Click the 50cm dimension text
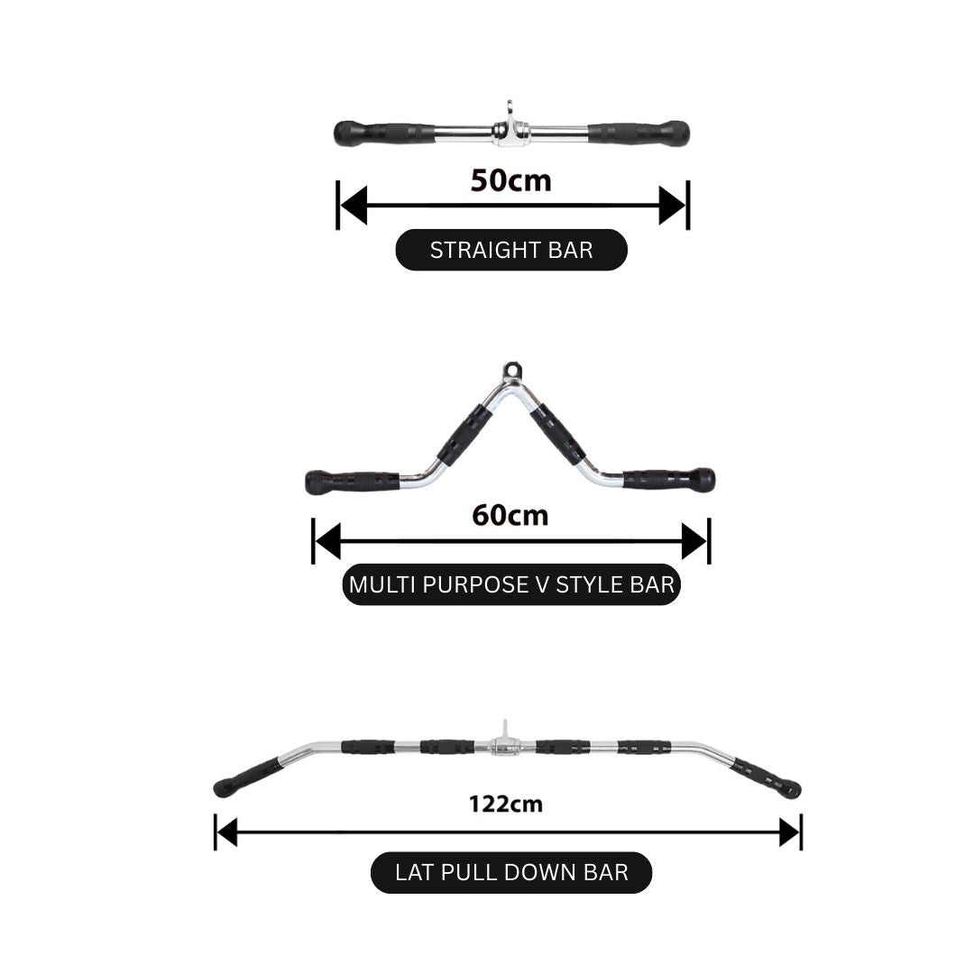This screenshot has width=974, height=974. click(x=510, y=180)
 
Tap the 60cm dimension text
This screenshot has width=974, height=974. click(x=510, y=516)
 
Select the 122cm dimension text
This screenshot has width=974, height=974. click(x=506, y=804)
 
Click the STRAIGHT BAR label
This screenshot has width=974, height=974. click(x=511, y=250)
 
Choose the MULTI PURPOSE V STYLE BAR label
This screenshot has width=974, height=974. click(x=511, y=584)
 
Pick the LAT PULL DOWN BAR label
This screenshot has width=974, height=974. click(x=511, y=872)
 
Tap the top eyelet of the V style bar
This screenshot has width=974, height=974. click(x=511, y=371)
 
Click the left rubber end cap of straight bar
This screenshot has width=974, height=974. click(x=346, y=133)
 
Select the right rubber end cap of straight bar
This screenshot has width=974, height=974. click(x=677, y=133)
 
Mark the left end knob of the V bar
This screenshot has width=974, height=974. click(x=317, y=482)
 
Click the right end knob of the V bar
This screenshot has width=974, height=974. click(x=702, y=480)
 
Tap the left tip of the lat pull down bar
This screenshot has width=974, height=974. click(x=222, y=789)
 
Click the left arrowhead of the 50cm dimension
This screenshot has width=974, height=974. click(x=353, y=205)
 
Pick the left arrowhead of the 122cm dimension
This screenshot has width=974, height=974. click(x=227, y=832)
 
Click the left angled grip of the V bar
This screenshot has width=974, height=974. click(x=464, y=435)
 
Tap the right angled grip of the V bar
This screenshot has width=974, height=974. click(x=557, y=435)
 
